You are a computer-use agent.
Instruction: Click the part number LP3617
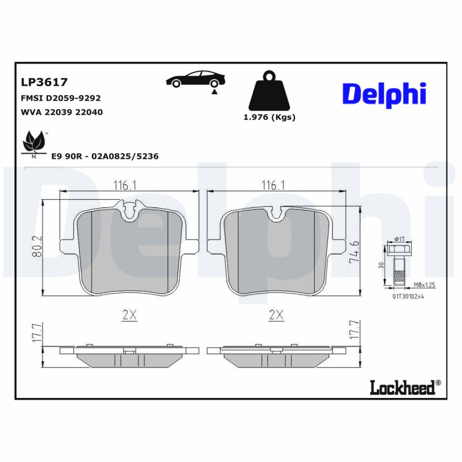44,83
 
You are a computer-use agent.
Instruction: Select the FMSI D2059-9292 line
61,98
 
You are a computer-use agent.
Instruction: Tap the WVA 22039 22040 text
61,112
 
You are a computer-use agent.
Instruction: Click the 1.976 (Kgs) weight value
269,117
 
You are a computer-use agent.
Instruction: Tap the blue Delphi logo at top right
384,93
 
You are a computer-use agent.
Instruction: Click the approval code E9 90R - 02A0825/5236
105,157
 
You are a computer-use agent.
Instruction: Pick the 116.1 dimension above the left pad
124,185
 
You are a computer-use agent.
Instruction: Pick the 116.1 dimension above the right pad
273,185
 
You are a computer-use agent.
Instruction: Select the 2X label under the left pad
129,315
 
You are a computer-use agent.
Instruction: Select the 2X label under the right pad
277,315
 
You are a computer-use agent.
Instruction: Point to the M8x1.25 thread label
424,285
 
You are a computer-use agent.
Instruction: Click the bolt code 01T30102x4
409,297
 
